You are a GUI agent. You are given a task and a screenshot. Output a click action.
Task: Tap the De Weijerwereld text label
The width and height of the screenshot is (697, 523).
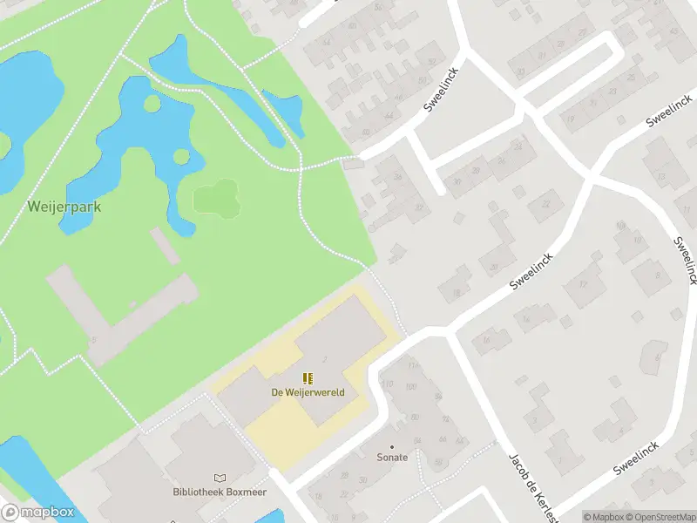(x=308, y=392)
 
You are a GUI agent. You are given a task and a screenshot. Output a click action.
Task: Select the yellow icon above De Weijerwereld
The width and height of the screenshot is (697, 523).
(x=308, y=378)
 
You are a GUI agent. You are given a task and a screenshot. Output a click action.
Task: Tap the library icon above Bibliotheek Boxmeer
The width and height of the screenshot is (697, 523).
(x=219, y=479)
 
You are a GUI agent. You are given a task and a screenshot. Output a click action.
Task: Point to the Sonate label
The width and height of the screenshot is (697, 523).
(x=392, y=458)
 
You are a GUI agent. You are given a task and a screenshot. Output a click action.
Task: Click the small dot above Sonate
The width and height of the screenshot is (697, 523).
(x=392, y=446)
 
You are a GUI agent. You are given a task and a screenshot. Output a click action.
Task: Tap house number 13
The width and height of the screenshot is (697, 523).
(x=661, y=176)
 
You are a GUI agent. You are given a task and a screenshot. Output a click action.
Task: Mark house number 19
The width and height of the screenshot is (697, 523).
(x=571, y=119)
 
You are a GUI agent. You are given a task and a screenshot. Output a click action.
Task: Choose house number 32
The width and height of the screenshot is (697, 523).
(x=420, y=207)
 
